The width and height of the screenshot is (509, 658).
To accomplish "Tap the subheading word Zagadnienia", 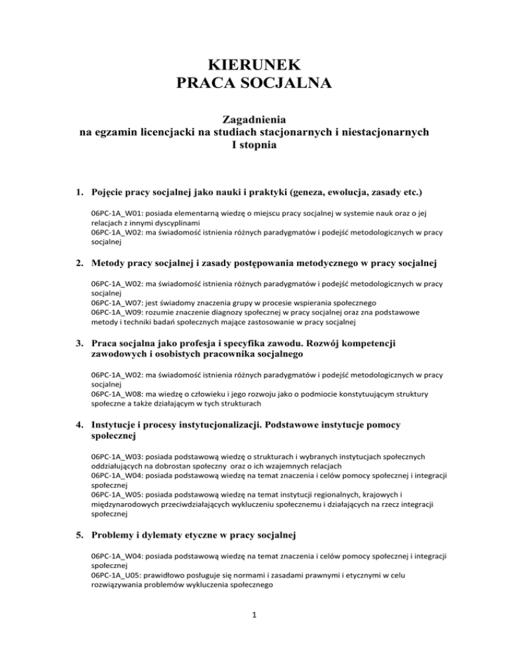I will click(x=254, y=120).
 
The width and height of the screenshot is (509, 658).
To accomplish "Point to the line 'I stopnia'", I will click(x=254, y=145).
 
